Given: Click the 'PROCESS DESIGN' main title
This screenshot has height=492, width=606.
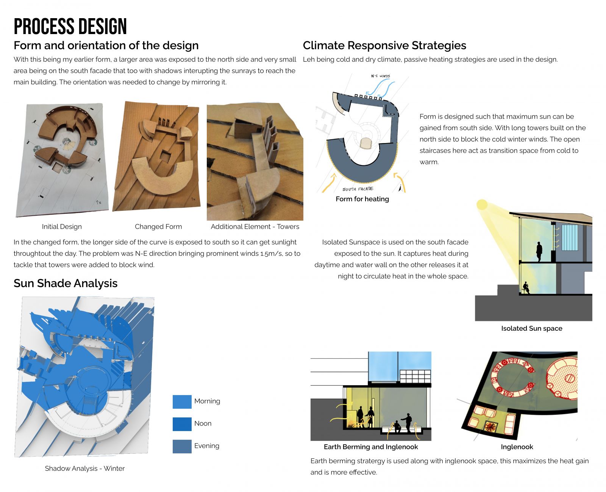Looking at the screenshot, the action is click(x=70, y=26).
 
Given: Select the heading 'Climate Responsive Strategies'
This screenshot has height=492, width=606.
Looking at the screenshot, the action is click(x=384, y=45).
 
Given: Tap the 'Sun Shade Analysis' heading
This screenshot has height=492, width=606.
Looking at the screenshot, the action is click(x=66, y=283).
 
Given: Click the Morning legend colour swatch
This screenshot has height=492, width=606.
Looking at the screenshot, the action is click(x=182, y=402).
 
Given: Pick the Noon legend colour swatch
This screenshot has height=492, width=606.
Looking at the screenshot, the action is click(x=182, y=424).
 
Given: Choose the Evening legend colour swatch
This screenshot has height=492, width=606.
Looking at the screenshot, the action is click(x=182, y=446).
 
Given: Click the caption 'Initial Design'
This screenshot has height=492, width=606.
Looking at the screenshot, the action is click(x=62, y=227).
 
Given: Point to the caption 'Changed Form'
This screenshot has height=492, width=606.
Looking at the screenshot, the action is click(x=158, y=227).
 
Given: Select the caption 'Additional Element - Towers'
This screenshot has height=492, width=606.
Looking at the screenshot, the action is click(x=255, y=227).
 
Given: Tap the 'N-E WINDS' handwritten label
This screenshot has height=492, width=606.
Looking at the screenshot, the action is click(x=380, y=76).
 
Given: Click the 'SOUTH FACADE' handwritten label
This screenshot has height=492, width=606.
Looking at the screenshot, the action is click(x=358, y=189).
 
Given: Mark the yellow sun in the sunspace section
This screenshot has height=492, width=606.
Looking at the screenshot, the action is click(x=482, y=205).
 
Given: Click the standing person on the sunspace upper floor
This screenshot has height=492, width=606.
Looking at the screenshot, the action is click(x=539, y=252).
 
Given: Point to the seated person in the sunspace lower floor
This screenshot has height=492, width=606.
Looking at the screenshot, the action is click(x=526, y=288).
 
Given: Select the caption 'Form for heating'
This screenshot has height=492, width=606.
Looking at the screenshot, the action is click(x=362, y=199).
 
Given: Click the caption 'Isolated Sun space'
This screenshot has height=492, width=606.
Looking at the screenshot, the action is click(x=531, y=329).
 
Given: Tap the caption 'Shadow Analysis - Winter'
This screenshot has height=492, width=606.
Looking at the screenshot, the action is click(x=85, y=469).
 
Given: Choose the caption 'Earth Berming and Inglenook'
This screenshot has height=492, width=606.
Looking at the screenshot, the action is click(x=371, y=447).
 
